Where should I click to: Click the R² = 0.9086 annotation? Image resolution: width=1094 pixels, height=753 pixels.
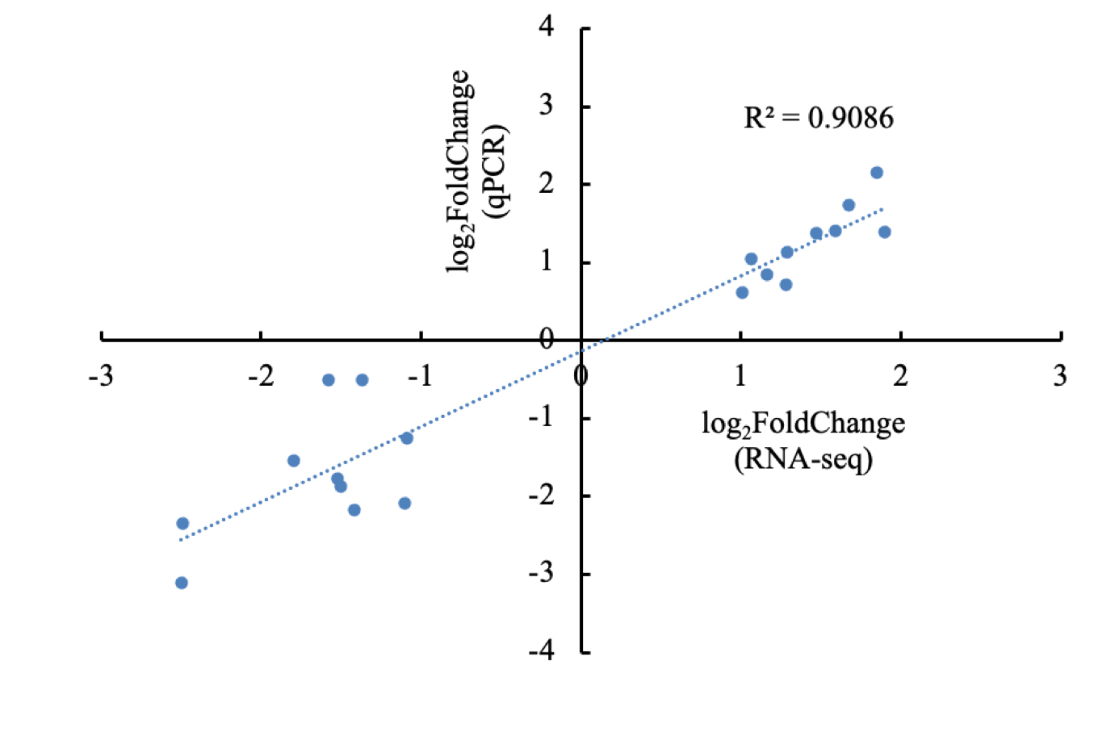point(818,119)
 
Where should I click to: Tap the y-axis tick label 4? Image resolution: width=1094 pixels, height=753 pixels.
point(547,27)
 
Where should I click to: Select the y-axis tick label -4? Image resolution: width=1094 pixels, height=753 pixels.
point(541,650)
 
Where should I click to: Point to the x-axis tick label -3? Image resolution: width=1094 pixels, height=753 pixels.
point(100,376)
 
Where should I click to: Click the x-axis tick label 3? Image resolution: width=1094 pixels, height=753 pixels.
point(1059,376)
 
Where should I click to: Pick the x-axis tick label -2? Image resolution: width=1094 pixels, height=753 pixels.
point(260,376)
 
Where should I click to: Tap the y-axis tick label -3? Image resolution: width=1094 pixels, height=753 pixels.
point(541,572)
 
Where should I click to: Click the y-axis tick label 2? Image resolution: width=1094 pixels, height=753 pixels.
point(547,182)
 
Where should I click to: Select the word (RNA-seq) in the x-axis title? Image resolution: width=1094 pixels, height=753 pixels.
point(803,459)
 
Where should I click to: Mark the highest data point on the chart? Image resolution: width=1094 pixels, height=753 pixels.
point(877,173)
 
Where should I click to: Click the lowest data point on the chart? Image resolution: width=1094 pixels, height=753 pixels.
point(182,583)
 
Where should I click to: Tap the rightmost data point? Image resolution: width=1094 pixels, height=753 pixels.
point(885,232)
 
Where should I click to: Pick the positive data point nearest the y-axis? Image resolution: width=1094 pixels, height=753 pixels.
point(742,292)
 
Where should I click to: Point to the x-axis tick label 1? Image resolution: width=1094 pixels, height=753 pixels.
point(740,376)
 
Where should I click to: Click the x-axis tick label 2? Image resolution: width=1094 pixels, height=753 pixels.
point(899,376)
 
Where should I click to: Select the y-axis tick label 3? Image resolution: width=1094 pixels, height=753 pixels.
point(547,105)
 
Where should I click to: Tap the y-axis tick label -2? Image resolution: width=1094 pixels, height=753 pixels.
point(541,494)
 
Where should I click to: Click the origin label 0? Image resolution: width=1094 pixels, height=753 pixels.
point(547,339)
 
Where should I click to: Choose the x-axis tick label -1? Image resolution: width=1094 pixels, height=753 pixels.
point(420,376)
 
